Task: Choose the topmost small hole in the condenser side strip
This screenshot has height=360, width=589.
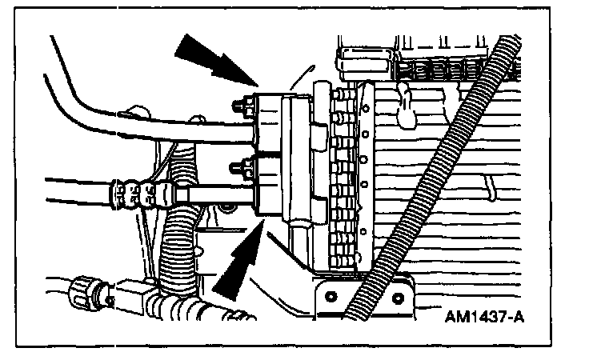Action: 364,105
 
